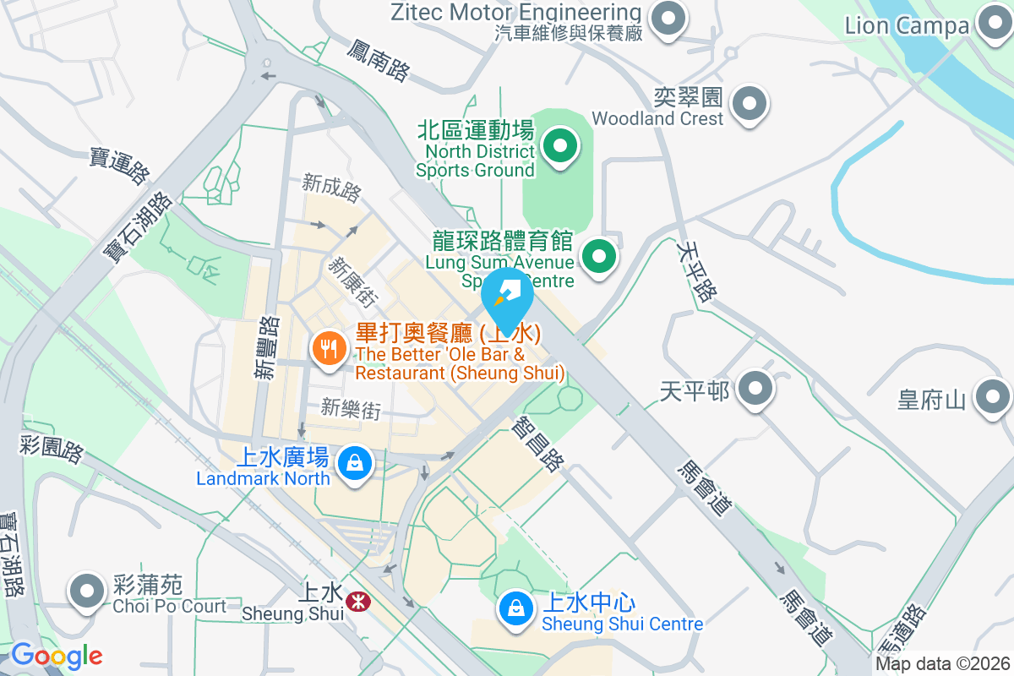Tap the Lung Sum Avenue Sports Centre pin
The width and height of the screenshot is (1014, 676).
click(x=599, y=255)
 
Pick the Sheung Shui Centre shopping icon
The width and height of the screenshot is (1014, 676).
click(x=515, y=608)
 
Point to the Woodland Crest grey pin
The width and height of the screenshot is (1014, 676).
click(x=749, y=105)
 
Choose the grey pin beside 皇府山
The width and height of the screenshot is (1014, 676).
click(x=993, y=396)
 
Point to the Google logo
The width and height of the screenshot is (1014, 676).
click(x=57, y=656)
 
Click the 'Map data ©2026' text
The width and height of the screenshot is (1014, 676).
click(x=943, y=664)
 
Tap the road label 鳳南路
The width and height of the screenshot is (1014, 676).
click(x=378, y=60)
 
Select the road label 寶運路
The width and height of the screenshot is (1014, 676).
click(x=120, y=165)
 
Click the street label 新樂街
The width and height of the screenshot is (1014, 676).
click(x=351, y=409)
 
